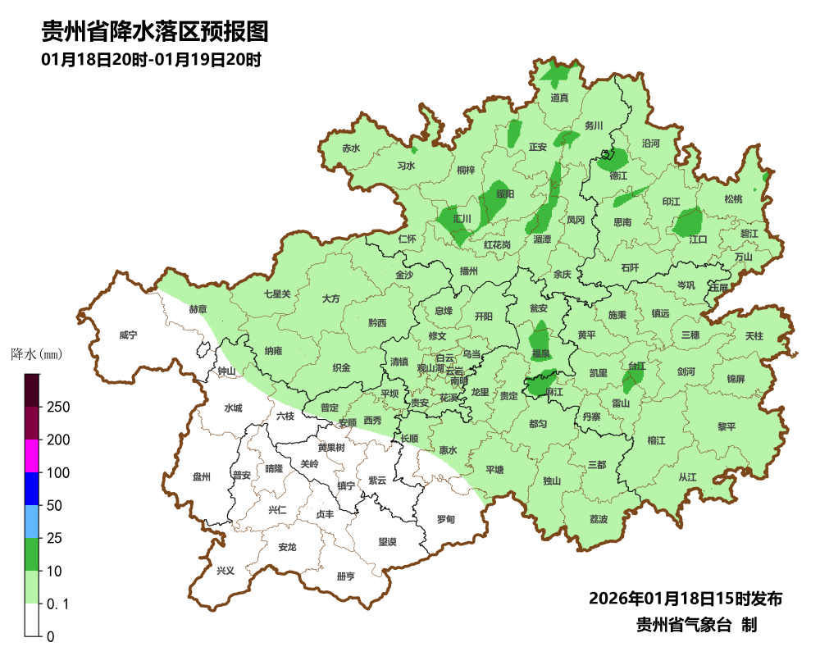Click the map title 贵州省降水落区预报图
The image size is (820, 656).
(155, 32)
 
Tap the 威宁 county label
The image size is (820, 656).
(128, 335)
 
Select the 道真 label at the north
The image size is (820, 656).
(559, 98)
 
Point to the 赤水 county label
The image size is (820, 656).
(351, 148)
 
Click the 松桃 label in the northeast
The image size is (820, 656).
(732, 199)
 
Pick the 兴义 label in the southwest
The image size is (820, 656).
(225, 570)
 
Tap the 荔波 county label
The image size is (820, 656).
(599, 520)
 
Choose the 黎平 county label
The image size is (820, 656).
(727, 426)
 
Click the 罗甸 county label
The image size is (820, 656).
(446, 520)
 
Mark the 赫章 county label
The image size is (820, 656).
(198, 309)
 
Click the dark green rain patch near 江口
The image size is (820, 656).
(688, 221)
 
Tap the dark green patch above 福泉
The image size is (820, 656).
(540, 336)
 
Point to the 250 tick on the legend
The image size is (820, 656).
(57, 408)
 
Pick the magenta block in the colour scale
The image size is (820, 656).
(32, 456)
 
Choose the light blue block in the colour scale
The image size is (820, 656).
(32, 522)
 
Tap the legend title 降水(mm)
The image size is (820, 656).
(37, 355)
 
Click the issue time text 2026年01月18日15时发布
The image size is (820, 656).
(685, 599)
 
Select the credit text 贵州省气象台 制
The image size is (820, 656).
(696, 624)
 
